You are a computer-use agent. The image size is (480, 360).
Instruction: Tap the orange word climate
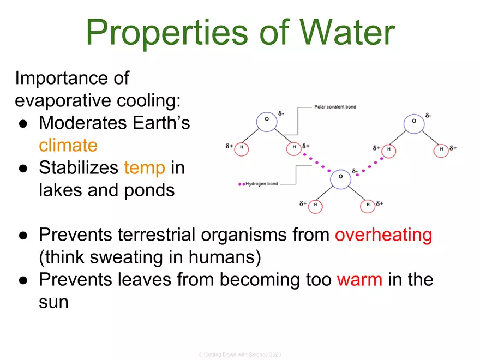click(68, 145)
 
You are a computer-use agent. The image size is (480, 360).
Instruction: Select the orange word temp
click(144, 168)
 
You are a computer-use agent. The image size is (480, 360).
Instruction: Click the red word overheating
click(383, 235)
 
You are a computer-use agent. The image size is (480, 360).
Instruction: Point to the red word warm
click(359, 280)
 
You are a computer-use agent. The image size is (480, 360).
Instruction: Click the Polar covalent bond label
click(335, 107)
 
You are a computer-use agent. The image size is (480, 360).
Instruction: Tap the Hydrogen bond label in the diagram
click(262, 184)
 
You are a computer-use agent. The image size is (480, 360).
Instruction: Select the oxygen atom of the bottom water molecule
click(340, 177)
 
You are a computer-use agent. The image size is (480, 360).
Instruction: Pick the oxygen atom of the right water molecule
click(414, 121)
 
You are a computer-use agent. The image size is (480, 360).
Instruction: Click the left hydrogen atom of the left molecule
click(242, 148)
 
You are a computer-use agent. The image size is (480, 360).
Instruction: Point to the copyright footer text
click(239, 355)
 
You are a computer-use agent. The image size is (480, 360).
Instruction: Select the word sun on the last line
click(53, 302)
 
